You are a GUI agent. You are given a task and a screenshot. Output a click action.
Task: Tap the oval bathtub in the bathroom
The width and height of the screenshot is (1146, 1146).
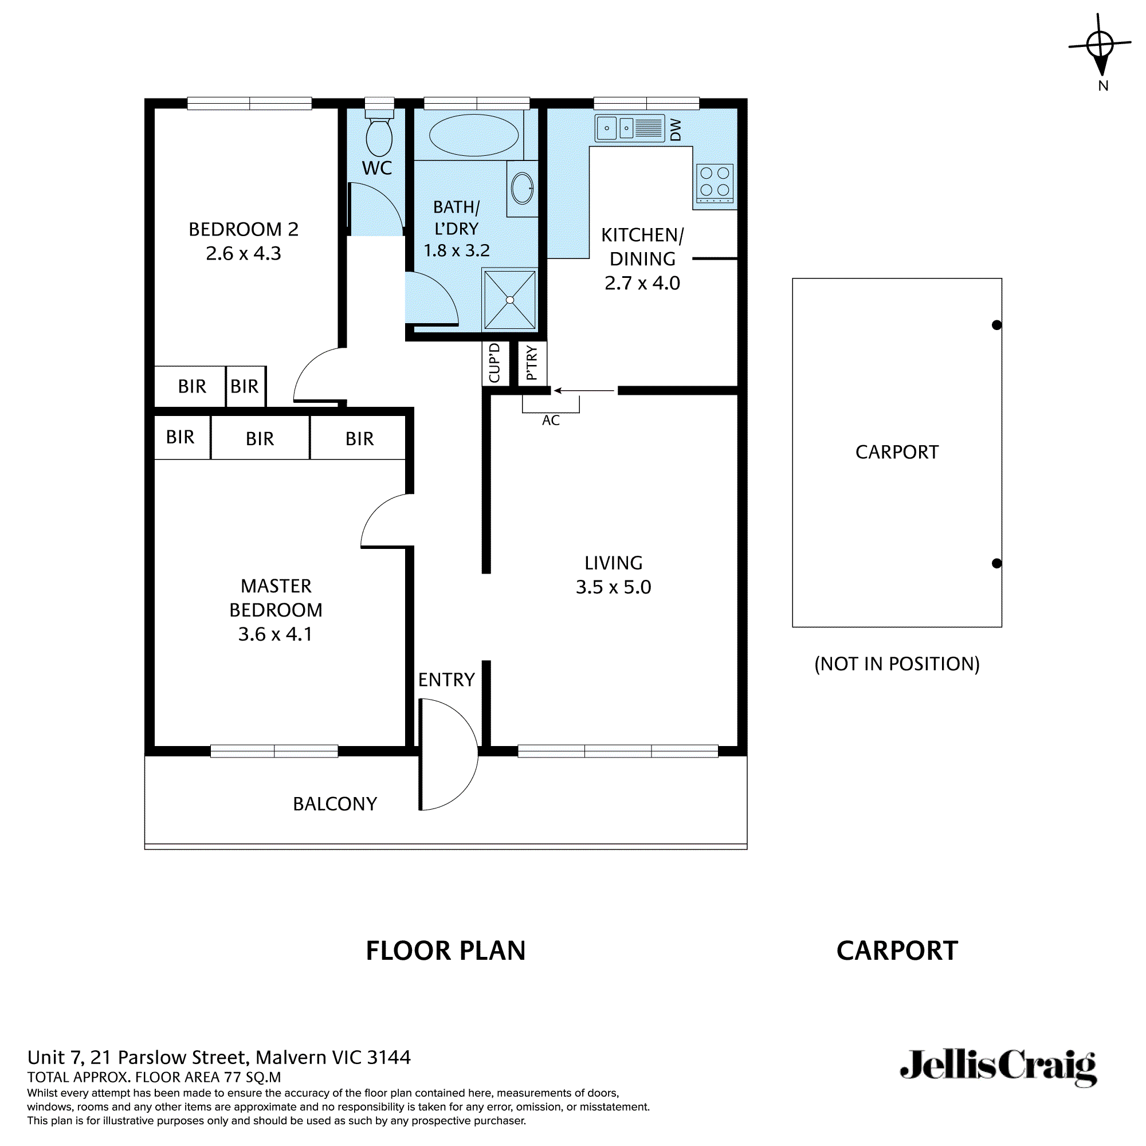(473, 135)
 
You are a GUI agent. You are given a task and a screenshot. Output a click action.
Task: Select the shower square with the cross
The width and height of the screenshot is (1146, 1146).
(509, 300)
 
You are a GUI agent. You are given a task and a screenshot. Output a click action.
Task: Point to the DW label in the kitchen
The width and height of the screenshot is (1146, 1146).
(676, 130)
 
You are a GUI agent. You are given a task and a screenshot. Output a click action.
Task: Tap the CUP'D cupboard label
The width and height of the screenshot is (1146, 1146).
(494, 363)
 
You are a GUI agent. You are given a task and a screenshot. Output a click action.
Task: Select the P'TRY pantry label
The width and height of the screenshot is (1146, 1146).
(532, 363)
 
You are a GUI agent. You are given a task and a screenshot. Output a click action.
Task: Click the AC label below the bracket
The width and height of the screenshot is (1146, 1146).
(551, 421)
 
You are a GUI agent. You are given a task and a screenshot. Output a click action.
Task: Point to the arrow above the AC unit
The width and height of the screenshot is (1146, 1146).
(584, 391)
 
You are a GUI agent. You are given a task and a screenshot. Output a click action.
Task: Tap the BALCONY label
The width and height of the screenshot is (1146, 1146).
(335, 804)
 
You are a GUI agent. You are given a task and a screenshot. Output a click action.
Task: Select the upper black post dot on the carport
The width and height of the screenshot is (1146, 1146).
(996, 325)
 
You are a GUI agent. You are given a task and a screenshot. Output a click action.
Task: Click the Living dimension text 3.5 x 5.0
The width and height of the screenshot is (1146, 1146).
(613, 587)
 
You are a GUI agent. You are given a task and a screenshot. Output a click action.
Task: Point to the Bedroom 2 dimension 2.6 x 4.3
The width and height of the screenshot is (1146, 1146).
(243, 254)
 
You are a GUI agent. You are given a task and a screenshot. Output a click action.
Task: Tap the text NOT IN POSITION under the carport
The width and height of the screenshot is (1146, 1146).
(896, 664)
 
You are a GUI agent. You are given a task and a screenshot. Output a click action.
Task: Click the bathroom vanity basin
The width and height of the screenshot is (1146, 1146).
(522, 188)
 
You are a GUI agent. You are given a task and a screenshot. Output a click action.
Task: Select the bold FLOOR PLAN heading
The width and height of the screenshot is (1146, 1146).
(445, 951)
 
